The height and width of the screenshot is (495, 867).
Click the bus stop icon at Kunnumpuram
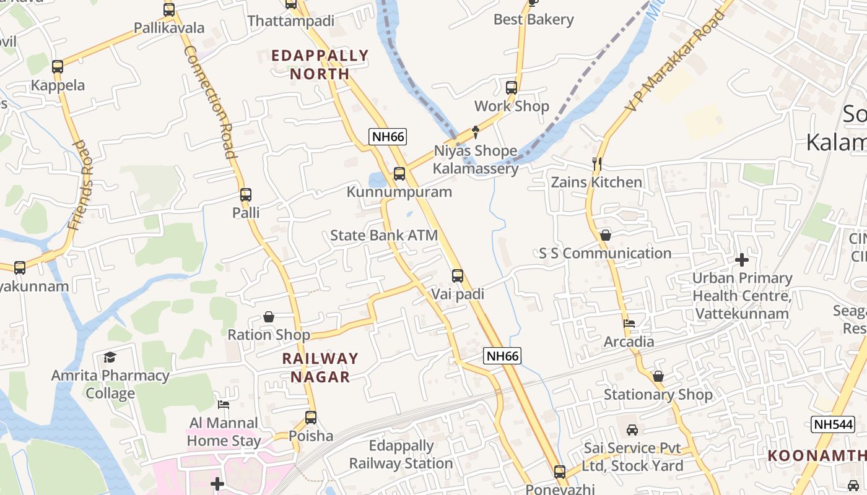pos(399,174)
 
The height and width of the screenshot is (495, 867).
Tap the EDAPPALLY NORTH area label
pos(320,64)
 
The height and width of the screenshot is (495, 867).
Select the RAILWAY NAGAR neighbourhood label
pos(320,368)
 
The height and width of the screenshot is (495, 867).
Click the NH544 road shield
pos(832,424)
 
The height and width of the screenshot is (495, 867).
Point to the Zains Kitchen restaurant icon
pos(597,164)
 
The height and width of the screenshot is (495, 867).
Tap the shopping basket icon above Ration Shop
pos(269,317)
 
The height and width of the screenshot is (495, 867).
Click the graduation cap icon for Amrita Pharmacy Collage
pos(110,357)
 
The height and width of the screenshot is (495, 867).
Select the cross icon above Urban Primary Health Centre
pos(741,260)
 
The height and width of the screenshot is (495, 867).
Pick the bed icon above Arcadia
pos(629,323)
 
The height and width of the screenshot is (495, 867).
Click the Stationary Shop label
pos(658,394)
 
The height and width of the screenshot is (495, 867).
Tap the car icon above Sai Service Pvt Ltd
pos(632,429)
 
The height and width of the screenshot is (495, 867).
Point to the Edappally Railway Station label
pos(401,454)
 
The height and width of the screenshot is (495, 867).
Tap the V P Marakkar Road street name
pos(675,60)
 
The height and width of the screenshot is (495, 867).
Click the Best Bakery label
pos(533,19)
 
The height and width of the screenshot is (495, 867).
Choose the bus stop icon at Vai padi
pos(457,276)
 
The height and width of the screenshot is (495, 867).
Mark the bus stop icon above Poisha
pos(311,418)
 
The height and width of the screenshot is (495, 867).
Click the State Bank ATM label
pos(384,235)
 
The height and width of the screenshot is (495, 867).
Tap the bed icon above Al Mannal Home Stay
pos(224,405)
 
